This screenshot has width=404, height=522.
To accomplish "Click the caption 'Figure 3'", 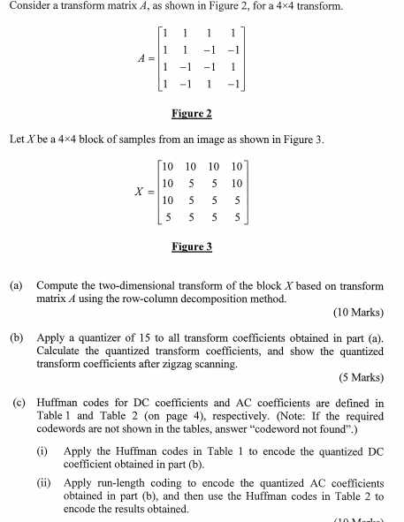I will tap(192, 246).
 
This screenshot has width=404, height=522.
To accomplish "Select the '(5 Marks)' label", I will tap(361, 377).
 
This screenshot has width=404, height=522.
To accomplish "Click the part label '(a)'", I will tap(17, 286).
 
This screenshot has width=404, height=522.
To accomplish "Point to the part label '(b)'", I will tap(17, 337).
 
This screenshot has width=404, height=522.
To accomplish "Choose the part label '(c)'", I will tap(17, 403).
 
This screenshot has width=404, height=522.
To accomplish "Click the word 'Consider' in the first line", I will tap(27, 8).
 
